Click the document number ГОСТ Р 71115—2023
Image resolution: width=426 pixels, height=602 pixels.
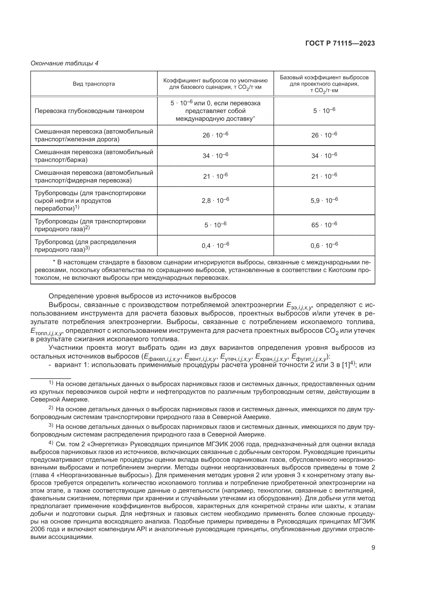click(340, 43)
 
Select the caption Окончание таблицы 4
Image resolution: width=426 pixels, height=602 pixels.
click(64, 63)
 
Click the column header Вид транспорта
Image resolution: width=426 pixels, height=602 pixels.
click(94, 84)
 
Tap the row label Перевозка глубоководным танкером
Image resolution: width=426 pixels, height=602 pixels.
click(89, 111)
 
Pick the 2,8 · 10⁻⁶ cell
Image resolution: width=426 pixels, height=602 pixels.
click(215, 200)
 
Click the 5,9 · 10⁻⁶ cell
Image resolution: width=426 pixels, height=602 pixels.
click(324, 200)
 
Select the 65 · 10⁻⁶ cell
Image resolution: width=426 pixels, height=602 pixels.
click(324, 225)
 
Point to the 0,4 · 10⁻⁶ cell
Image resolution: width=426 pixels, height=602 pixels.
click(215, 246)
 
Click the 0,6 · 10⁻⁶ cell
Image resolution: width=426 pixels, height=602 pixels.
click(324, 246)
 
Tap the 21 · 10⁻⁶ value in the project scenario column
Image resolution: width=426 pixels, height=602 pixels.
click(324, 176)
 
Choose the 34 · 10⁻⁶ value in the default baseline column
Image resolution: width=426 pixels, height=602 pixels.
click(215, 156)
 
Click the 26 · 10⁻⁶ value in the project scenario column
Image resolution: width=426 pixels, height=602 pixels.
click(324, 135)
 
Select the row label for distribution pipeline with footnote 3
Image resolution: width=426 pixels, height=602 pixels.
click(85, 246)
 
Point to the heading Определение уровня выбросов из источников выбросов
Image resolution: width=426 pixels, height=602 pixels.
click(142, 296)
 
